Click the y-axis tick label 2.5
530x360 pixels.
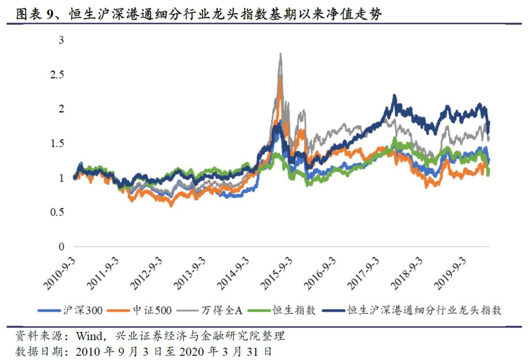(x=57, y=75)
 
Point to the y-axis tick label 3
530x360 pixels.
(x=61, y=40)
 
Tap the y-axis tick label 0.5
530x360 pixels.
(x=57, y=212)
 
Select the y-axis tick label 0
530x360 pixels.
(x=61, y=247)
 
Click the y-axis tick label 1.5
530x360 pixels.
(x=57, y=143)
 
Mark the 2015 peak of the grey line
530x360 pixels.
(x=280, y=54)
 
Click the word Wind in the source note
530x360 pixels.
(x=88, y=337)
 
